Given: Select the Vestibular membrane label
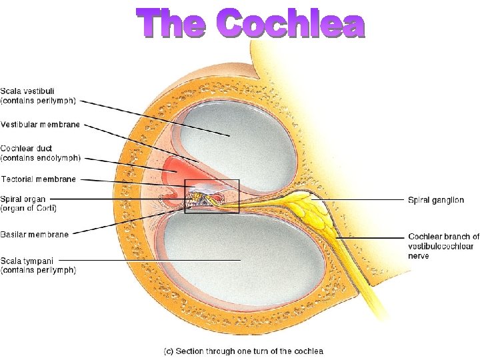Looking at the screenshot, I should click(40, 125).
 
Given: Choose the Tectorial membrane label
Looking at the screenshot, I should click(39, 179).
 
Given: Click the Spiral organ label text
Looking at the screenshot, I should click(23, 199).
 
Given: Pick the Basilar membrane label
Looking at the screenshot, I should click(34, 234).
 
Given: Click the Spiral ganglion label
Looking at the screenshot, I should click(436, 200).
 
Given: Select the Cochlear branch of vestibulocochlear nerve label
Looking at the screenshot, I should click(443, 246).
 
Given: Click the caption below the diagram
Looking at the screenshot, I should click(243, 351).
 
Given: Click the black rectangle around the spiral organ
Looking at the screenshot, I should click(238, 196).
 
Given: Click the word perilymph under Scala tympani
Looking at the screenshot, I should click(57, 270).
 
